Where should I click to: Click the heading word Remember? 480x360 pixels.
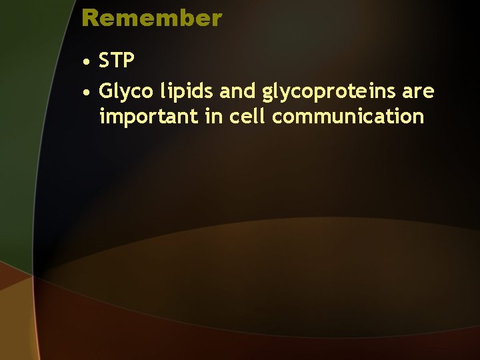tap(151, 18)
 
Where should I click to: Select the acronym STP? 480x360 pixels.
tap(117, 61)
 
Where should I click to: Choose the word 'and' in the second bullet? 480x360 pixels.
tap(234, 91)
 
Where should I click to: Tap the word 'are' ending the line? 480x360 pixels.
tap(418, 91)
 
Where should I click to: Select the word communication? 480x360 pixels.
tap(349, 116)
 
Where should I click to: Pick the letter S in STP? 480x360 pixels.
tap(105, 61)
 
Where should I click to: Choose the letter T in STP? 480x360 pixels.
tap(117, 61)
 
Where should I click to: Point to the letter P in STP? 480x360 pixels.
tap(129, 61)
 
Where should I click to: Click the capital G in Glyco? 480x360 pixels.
tap(106, 91)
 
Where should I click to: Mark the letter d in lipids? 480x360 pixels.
tap(196, 91)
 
